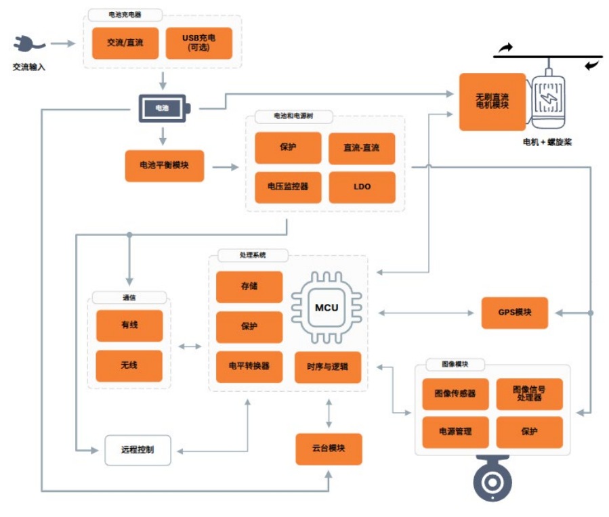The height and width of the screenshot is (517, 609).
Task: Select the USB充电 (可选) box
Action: point(198,43)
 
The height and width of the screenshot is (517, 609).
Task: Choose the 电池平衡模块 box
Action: point(165,166)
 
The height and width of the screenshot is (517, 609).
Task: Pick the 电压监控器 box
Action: point(288,187)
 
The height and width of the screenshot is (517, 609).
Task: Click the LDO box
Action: point(362,187)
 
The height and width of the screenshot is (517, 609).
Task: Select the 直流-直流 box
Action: point(362,148)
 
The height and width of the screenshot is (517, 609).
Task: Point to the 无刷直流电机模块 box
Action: point(492,102)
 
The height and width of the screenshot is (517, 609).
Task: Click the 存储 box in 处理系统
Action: point(249,286)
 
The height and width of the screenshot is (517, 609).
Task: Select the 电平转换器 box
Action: point(249,366)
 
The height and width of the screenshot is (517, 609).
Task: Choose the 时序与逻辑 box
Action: point(328,366)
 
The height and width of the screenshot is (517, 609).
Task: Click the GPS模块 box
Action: point(514,313)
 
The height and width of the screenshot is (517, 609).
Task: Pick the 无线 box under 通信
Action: point(129,365)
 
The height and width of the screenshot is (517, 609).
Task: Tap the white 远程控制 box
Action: point(138,450)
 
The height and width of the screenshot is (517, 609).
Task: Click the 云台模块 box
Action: point(329,449)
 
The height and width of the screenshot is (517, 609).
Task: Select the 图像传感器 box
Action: point(455,393)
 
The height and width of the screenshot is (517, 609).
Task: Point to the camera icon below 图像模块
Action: point(492,479)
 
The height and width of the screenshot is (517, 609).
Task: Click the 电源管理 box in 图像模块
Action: point(455,432)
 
